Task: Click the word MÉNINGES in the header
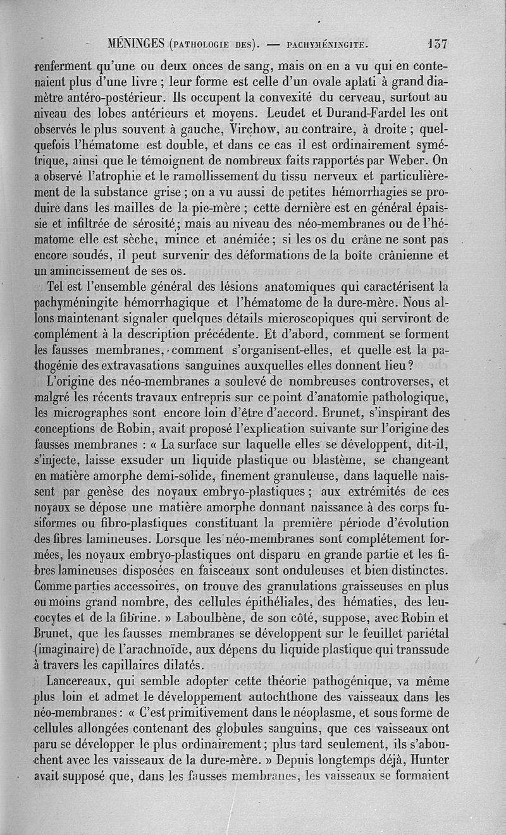(137, 44)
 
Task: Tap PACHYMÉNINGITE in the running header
(327, 45)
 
